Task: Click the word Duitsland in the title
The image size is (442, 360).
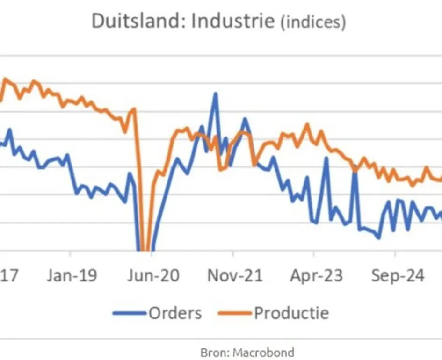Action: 138,21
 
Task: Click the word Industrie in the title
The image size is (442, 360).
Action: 233,21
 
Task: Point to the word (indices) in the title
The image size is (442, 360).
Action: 313,22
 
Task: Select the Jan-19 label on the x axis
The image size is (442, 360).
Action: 72,275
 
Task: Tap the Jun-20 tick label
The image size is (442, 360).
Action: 153,275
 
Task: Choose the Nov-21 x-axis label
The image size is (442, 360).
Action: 235,275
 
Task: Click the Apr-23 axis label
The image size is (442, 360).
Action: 316,275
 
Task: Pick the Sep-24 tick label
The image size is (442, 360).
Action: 398,275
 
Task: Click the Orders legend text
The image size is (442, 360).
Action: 175,313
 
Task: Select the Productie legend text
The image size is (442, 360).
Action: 291,313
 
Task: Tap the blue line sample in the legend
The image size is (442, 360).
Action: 130,313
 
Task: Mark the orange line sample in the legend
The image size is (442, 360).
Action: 234,313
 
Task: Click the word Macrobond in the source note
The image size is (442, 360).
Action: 264,353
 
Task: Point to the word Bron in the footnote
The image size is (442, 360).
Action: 213,353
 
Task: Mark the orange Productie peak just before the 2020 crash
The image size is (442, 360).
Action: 134,109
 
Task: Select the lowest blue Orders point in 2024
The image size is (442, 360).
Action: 378,238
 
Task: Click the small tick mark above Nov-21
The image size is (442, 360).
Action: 233,253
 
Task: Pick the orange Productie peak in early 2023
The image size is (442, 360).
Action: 307,124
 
